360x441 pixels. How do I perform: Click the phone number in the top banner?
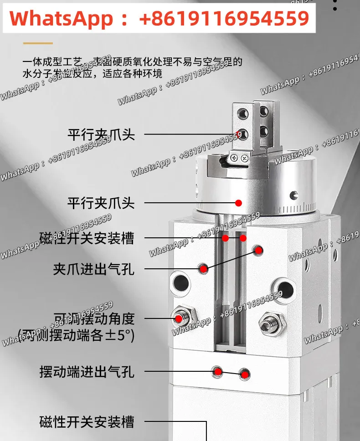[224, 18]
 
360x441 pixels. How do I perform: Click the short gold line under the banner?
[38, 44]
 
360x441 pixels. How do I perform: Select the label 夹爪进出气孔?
[94, 269]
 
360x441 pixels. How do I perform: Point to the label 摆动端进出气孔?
[87, 372]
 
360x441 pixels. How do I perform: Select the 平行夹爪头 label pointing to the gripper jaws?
[101, 134]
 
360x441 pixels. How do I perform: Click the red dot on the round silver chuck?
[238, 203]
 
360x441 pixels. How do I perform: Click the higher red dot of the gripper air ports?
[258, 250]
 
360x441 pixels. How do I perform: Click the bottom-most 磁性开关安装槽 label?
[87, 422]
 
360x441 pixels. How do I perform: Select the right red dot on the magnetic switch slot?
[243, 238]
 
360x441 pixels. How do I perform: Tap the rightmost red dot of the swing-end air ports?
[245, 374]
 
